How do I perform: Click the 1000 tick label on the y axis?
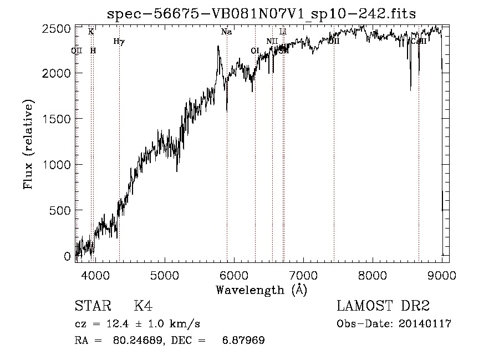[59, 165]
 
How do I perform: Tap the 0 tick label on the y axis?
[67, 256]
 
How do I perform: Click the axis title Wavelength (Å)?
[261, 290]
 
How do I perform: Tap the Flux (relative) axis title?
[28, 144]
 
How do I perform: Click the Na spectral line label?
[226, 32]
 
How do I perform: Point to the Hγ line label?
[119, 41]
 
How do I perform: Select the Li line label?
[283, 32]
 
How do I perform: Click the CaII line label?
[418, 41]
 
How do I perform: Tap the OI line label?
[255, 50]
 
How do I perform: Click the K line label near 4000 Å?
[91, 32]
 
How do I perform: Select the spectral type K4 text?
[142, 306]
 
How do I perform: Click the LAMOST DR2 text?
[383, 306]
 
